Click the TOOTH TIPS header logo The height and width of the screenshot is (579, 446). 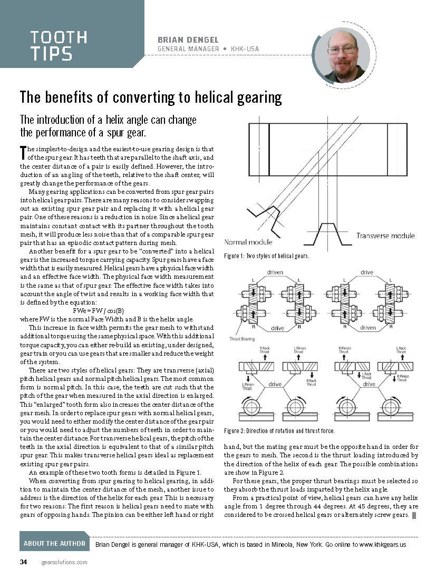tap(59, 45)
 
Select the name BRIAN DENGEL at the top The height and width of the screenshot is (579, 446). tap(188, 40)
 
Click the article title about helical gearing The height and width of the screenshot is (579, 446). tap(151, 98)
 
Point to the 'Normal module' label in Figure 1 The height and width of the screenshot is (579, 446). tap(248, 242)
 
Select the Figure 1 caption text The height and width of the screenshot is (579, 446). tap(266, 256)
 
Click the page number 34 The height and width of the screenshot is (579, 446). tap(23, 562)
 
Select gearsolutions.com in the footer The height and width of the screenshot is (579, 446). tap(64, 562)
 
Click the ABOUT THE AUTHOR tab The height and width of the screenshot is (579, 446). tap(54, 543)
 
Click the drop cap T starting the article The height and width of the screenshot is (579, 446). tap(23, 153)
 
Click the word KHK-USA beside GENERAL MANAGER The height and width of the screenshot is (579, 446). tap(245, 49)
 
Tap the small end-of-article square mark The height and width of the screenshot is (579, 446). tap(414, 515)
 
